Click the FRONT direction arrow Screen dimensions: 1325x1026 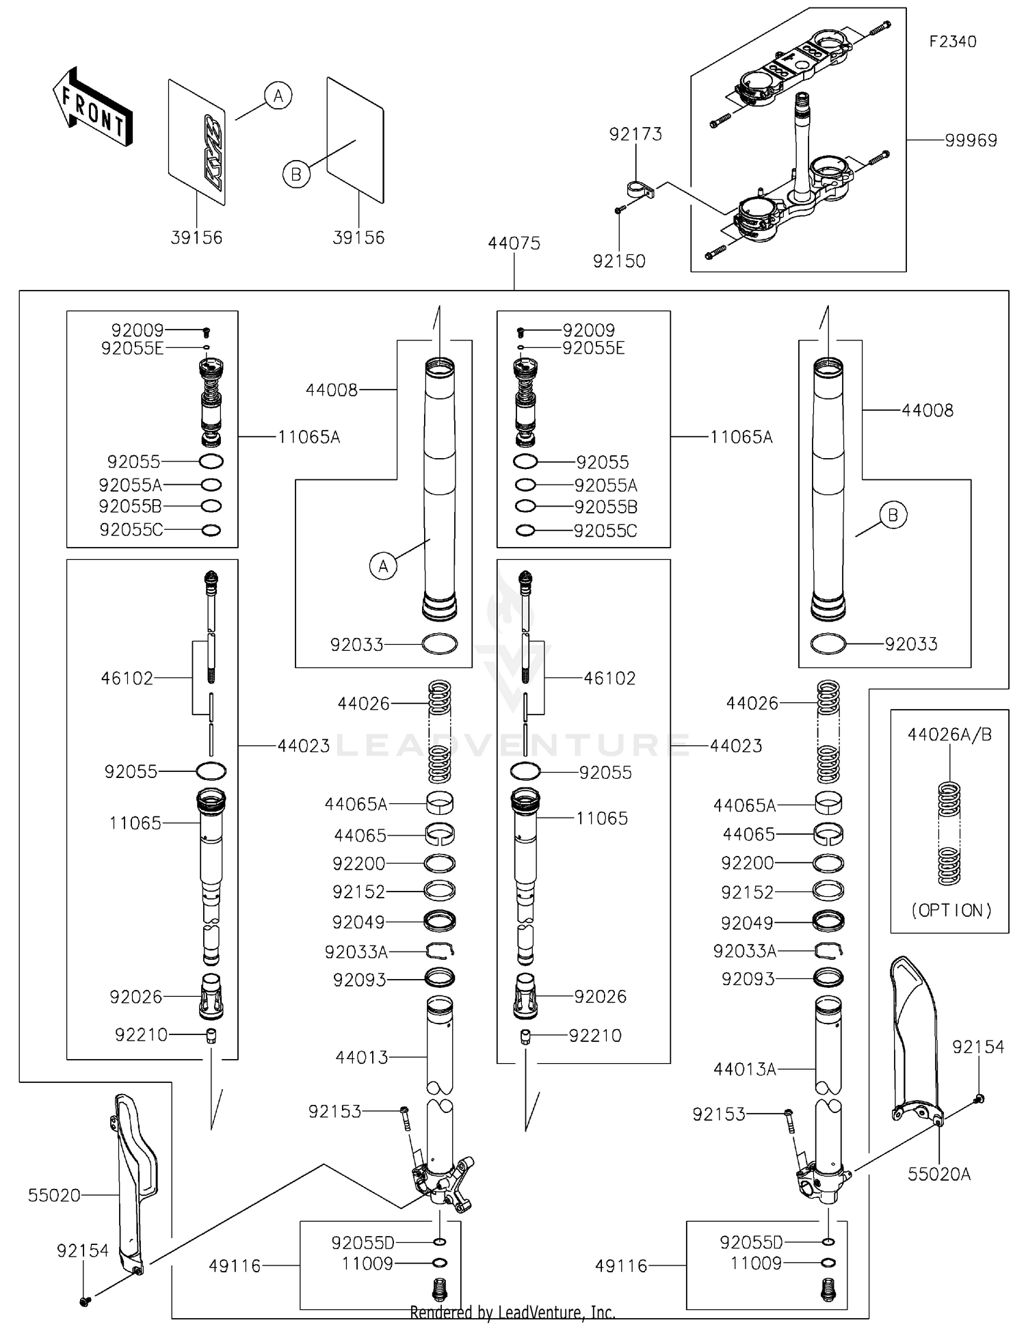[92, 108]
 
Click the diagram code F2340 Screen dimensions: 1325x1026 [952, 42]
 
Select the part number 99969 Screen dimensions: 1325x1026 [971, 140]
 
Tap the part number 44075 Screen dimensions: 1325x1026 [514, 243]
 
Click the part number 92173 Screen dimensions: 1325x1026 [635, 134]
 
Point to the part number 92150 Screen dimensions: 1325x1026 [619, 261]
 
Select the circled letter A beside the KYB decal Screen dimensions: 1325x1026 [278, 96]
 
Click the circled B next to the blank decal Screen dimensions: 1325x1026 [296, 174]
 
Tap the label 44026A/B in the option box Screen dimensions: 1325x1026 [949, 735]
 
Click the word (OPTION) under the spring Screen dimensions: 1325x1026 [951, 911]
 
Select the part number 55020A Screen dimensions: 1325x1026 [938, 1175]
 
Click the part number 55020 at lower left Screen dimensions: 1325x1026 [54, 1195]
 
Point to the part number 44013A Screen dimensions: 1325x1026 [744, 1069]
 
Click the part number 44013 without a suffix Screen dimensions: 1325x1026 [361, 1058]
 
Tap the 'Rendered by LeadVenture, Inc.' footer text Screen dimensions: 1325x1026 [512, 1312]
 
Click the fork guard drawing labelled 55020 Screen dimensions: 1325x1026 [133, 1186]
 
